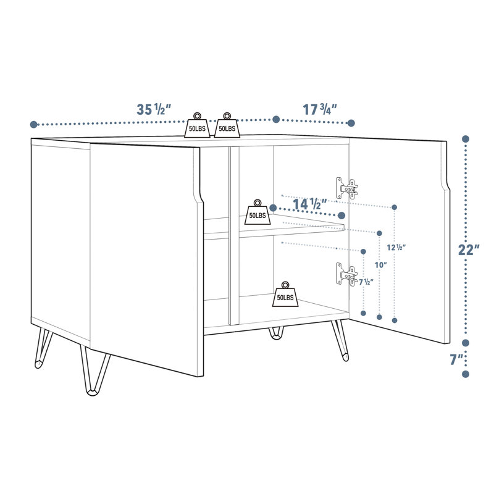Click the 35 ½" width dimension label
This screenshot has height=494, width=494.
pyautogui.click(x=154, y=110)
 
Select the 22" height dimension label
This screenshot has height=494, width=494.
pyautogui.click(x=469, y=250)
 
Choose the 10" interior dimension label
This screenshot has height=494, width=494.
pyautogui.click(x=380, y=265)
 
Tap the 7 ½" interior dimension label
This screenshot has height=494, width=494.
pyautogui.click(x=366, y=282)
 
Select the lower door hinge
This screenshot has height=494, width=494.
pyautogui.click(x=347, y=274)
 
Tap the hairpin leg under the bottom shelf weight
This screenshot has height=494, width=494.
pyautogui.click(x=275, y=334)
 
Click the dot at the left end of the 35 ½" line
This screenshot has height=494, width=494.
pyautogui.click(x=34, y=124)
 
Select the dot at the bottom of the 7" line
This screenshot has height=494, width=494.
pyautogui.click(x=466, y=374)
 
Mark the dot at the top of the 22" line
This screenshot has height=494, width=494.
pyautogui.click(x=466, y=140)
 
